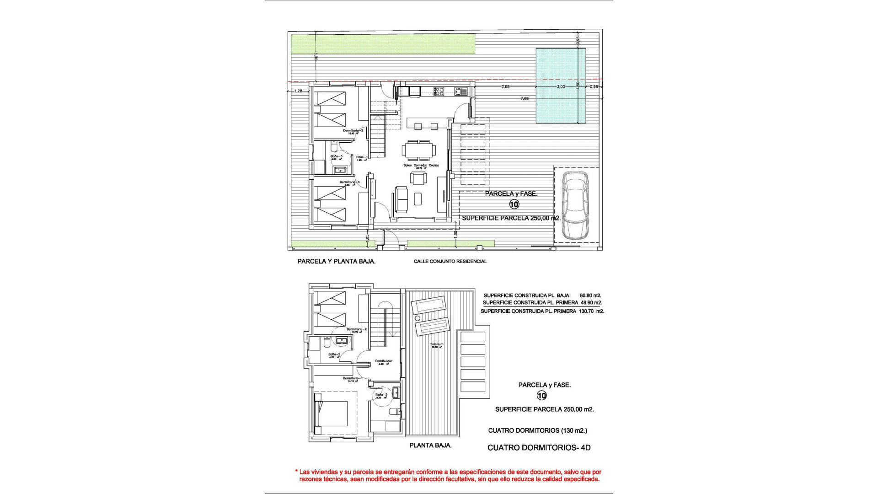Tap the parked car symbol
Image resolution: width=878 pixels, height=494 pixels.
[575, 206]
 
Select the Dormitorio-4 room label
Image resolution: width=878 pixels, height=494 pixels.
[350, 182]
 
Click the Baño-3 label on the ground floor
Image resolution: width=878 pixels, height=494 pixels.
[337, 156]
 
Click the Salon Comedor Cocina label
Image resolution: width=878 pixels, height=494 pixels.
[421, 165]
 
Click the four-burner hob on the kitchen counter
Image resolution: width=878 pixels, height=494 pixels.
[439, 91]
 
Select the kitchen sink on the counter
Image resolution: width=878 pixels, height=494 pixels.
[460, 91]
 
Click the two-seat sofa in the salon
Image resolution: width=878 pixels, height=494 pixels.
[402, 199]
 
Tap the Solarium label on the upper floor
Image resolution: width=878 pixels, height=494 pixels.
[437, 344]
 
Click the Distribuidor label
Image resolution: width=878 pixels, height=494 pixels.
[384, 361]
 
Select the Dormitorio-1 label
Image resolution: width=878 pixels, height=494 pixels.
[353, 378]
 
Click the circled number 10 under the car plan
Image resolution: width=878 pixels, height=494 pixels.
[514, 204]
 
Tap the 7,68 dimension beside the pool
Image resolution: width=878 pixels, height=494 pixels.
[525, 98]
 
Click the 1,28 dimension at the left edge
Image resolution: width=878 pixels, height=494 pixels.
[298, 91]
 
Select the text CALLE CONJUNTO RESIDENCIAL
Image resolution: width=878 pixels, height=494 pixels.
[450, 262]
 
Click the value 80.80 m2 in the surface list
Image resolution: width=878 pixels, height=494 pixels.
[590, 295]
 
